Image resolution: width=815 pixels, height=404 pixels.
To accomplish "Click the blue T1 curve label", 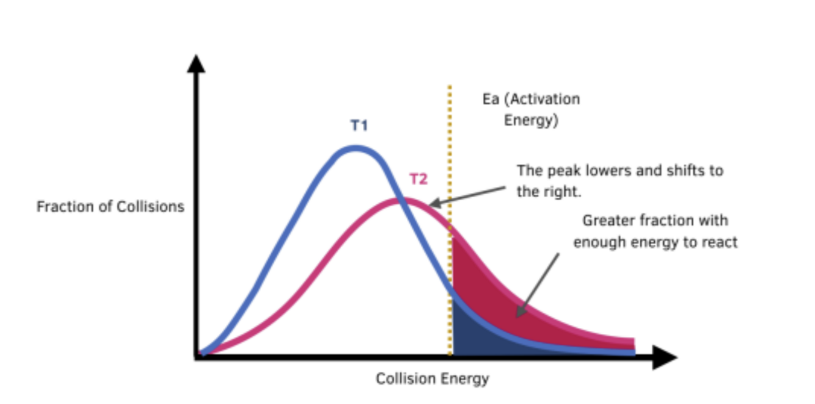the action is tap(359, 126).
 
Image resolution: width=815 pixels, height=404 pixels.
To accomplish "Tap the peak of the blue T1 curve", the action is tap(356, 148).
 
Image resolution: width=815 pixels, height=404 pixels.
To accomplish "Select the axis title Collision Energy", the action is tap(432, 379).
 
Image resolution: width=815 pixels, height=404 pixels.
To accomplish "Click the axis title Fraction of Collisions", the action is tap(110, 207).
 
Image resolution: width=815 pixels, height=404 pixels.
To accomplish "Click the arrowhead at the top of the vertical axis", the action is tap(196, 63).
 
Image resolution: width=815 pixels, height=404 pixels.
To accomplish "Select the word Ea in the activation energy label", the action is tap(490, 99).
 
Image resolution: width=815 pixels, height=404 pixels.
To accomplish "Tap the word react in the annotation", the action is tap(722, 242).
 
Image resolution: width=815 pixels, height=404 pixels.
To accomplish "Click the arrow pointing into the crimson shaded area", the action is tap(538, 284).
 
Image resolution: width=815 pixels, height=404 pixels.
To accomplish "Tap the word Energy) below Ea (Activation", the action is tap(531, 120).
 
